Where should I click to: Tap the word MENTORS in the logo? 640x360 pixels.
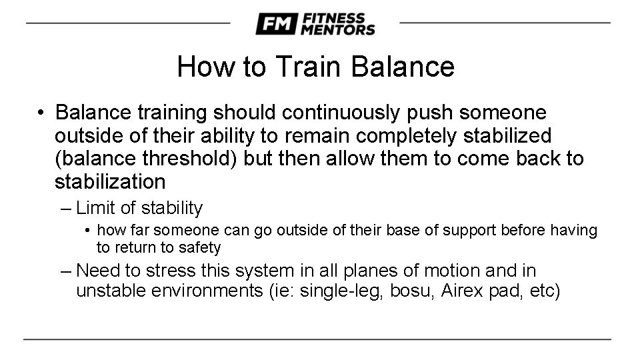(x=338, y=29)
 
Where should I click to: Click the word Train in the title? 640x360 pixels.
(x=307, y=67)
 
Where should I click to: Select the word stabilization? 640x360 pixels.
(x=110, y=182)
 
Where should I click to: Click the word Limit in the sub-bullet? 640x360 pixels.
(x=96, y=209)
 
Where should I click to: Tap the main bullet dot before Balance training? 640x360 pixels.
(x=41, y=113)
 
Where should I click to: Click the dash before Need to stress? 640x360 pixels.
(x=65, y=271)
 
